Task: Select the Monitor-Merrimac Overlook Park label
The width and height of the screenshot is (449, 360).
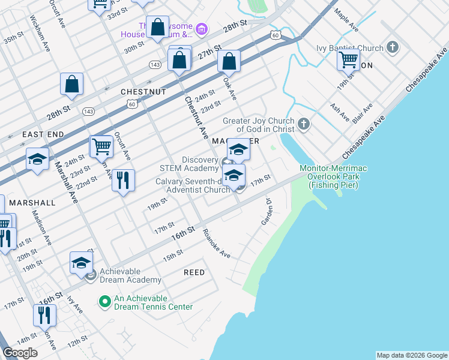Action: click(x=333, y=177)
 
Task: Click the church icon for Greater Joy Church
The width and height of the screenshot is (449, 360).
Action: click(x=304, y=125)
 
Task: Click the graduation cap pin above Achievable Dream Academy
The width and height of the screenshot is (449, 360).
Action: click(x=82, y=263)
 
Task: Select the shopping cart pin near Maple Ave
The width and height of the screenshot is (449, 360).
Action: click(x=348, y=60)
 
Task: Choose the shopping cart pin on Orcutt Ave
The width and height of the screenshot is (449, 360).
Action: click(x=101, y=146)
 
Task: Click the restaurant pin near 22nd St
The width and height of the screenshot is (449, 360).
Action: click(x=123, y=181)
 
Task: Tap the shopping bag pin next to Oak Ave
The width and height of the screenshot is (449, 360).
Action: click(x=229, y=61)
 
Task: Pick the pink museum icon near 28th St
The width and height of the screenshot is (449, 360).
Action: click(x=202, y=29)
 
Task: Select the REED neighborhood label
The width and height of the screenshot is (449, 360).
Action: click(x=194, y=272)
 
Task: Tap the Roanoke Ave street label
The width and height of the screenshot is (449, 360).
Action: click(x=217, y=244)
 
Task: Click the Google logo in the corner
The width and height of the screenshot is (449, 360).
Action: click(x=20, y=353)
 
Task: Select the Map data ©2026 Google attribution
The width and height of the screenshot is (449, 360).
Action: click(x=412, y=355)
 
